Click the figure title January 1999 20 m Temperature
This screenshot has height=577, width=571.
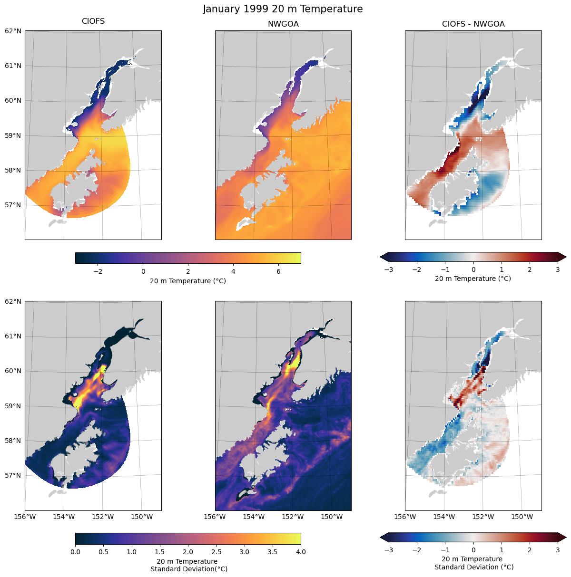click(283, 9)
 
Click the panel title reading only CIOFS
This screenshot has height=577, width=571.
click(93, 21)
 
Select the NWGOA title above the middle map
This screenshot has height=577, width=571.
click(283, 24)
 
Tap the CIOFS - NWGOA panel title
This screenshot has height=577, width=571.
click(473, 24)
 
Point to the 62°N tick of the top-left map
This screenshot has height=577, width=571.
click(13, 31)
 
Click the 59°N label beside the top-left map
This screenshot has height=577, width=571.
click(13, 135)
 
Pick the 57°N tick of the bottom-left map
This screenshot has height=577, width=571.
click(13, 476)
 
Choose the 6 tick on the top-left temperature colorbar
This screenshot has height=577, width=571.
click(278, 271)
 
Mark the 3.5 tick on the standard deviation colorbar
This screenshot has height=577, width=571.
click(272, 552)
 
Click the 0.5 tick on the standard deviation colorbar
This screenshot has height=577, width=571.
click(103, 552)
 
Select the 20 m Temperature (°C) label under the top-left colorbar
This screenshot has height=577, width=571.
click(188, 281)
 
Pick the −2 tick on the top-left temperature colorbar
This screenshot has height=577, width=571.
click(98, 271)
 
